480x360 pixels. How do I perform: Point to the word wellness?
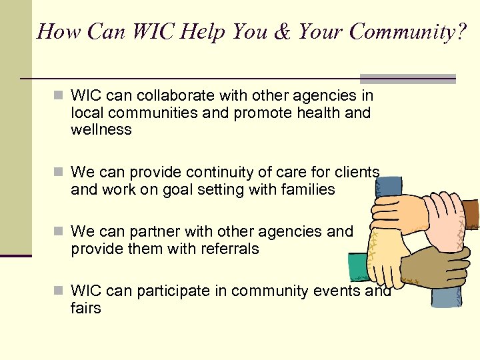[101, 130]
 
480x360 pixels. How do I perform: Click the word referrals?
[227, 249]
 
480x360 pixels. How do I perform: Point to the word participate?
[157, 291]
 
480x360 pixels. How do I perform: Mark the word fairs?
[86, 308]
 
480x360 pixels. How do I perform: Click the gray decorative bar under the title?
[408, 78]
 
